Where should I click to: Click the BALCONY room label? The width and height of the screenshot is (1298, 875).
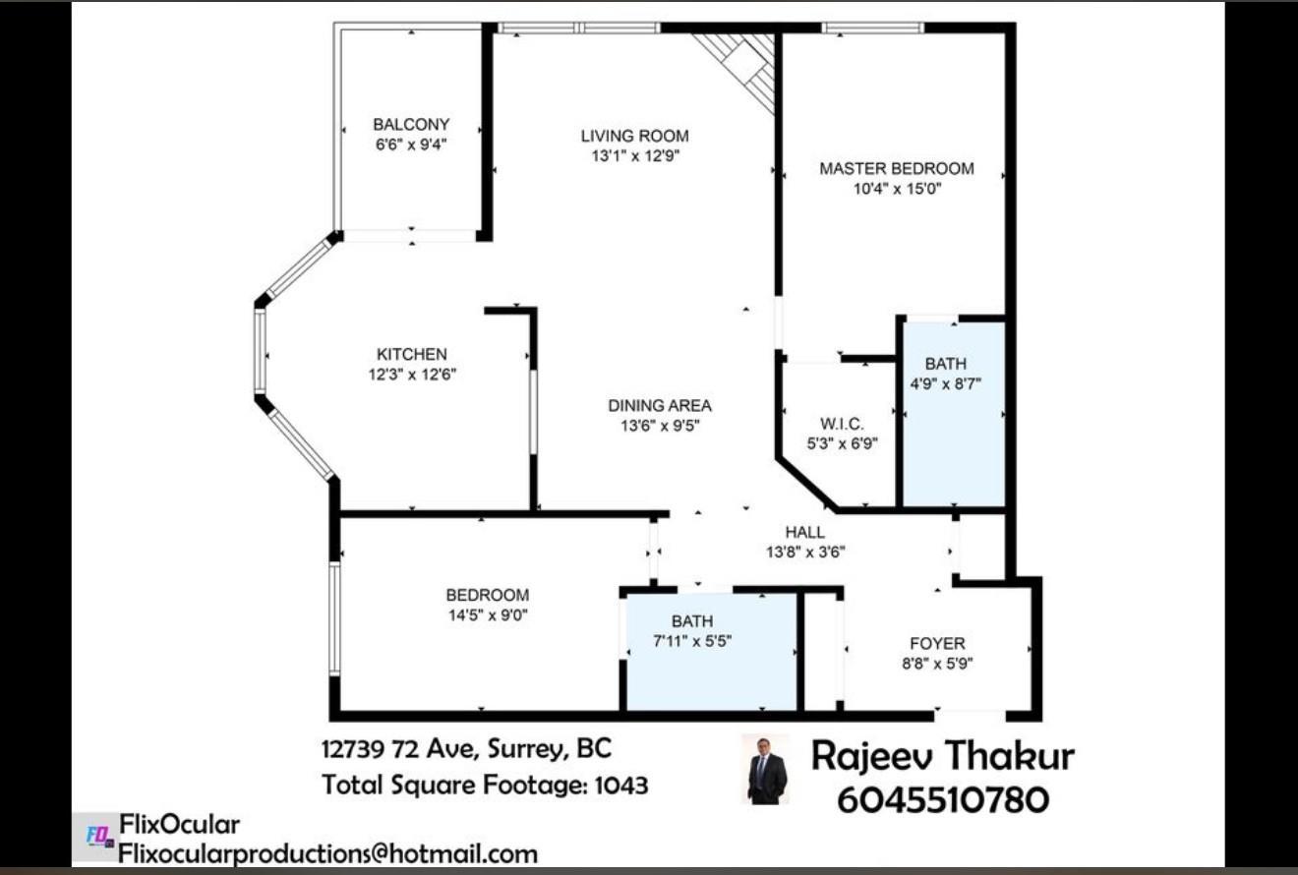point(411,125)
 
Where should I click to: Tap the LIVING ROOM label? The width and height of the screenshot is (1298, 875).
point(634,137)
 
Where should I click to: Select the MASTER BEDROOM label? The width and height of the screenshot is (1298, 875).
point(897,168)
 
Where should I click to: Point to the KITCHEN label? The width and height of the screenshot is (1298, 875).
point(411,354)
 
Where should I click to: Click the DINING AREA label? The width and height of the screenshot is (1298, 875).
point(659,405)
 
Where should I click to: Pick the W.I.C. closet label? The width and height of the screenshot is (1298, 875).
point(842,424)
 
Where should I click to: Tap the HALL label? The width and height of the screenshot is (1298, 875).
point(804,532)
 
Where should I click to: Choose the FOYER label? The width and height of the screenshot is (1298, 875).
point(937,643)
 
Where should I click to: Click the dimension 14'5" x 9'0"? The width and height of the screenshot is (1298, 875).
point(488,615)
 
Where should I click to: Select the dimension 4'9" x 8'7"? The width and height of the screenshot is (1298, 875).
point(945,384)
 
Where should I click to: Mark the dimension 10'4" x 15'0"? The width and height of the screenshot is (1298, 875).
point(897,189)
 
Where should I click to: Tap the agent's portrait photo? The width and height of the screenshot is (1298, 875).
point(766,770)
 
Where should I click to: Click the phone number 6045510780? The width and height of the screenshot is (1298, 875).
point(942,799)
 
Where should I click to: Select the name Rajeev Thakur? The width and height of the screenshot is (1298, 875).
point(942,756)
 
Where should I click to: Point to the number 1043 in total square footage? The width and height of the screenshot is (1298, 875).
point(620,785)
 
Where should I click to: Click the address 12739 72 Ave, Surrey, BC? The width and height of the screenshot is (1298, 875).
point(466,749)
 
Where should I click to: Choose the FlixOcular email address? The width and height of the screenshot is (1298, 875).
point(327,853)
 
